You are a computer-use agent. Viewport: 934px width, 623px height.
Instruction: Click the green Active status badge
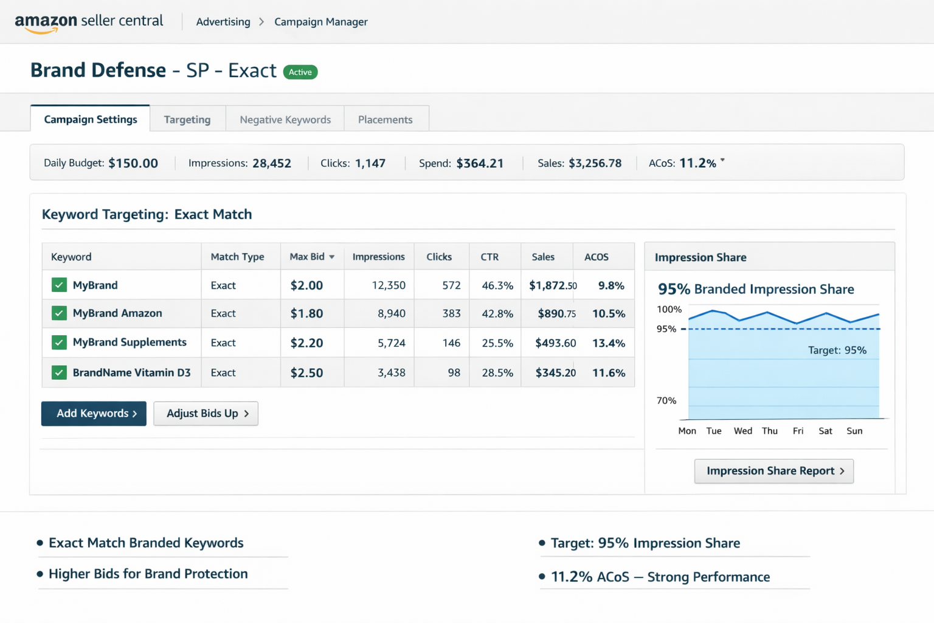pyautogui.click(x=300, y=72)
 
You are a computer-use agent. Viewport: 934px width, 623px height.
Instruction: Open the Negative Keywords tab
pyautogui.click(x=285, y=119)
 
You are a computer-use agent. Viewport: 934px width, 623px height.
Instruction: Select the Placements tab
pyautogui.click(x=385, y=119)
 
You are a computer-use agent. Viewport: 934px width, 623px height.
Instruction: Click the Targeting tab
pyautogui.click(x=187, y=119)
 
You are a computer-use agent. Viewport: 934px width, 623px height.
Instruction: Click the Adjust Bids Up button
pyautogui.click(x=206, y=414)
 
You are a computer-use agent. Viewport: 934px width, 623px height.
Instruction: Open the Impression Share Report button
pyautogui.click(x=773, y=471)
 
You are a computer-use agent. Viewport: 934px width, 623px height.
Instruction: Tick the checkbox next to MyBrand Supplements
pyautogui.click(x=59, y=343)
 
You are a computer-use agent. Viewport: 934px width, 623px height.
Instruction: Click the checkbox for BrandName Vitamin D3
pyautogui.click(x=59, y=372)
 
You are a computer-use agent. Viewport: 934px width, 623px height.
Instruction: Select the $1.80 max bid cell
pyautogui.click(x=306, y=314)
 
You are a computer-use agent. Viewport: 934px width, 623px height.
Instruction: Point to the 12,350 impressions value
pyautogui.click(x=388, y=285)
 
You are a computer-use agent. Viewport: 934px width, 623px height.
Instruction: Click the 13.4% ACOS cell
pyautogui.click(x=608, y=343)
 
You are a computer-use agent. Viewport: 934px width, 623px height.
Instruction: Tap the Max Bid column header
pyautogui.click(x=311, y=257)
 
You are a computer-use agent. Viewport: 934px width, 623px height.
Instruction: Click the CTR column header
pyautogui.click(x=489, y=257)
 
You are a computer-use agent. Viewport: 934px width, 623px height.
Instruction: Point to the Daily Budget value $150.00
pyautogui.click(x=133, y=163)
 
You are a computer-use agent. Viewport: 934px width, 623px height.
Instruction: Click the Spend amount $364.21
pyautogui.click(x=480, y=163)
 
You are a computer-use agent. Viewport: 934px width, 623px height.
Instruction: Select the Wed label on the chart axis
pyautogui.click(x=742, y=431)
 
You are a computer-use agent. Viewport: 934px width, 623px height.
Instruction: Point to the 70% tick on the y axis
pyautogui.click(x=666, y=400)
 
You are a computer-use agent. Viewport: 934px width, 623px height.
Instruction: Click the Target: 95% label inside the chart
pyautogui.click(x=837, y=350)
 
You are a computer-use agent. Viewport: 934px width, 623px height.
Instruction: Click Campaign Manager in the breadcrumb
pyautogui.click(x=320, y=22)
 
